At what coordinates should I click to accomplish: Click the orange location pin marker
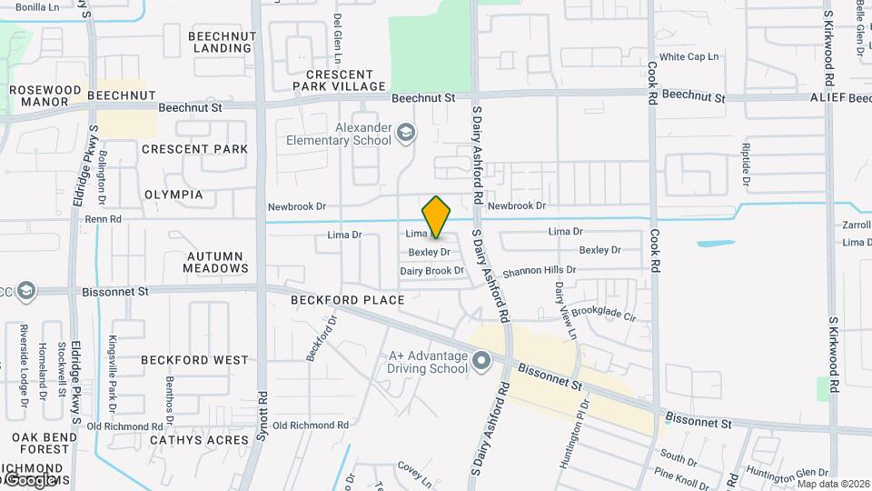[x=436, y=216]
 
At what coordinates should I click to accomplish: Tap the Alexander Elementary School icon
[x=406, y=135]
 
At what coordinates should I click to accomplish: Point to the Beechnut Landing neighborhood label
[x=223, y=42]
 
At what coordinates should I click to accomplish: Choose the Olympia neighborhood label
[x=173, y=195]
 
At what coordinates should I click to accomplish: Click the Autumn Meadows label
[x=215, y=262]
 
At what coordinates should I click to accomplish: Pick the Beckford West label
[x=194, y=360]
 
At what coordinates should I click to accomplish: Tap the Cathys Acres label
[x=199, y=440]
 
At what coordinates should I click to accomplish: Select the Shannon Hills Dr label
[x=540, y=270]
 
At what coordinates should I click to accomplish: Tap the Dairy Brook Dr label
[x=432, y=271]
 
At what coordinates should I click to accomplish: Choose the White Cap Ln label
[x=689, y=56]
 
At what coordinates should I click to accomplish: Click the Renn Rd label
[x=103, y=219]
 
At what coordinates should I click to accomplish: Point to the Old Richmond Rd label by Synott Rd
[x=311, y=425]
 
